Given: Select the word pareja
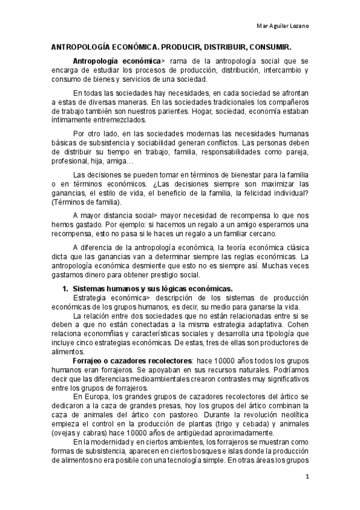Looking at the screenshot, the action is pos(299,153).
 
